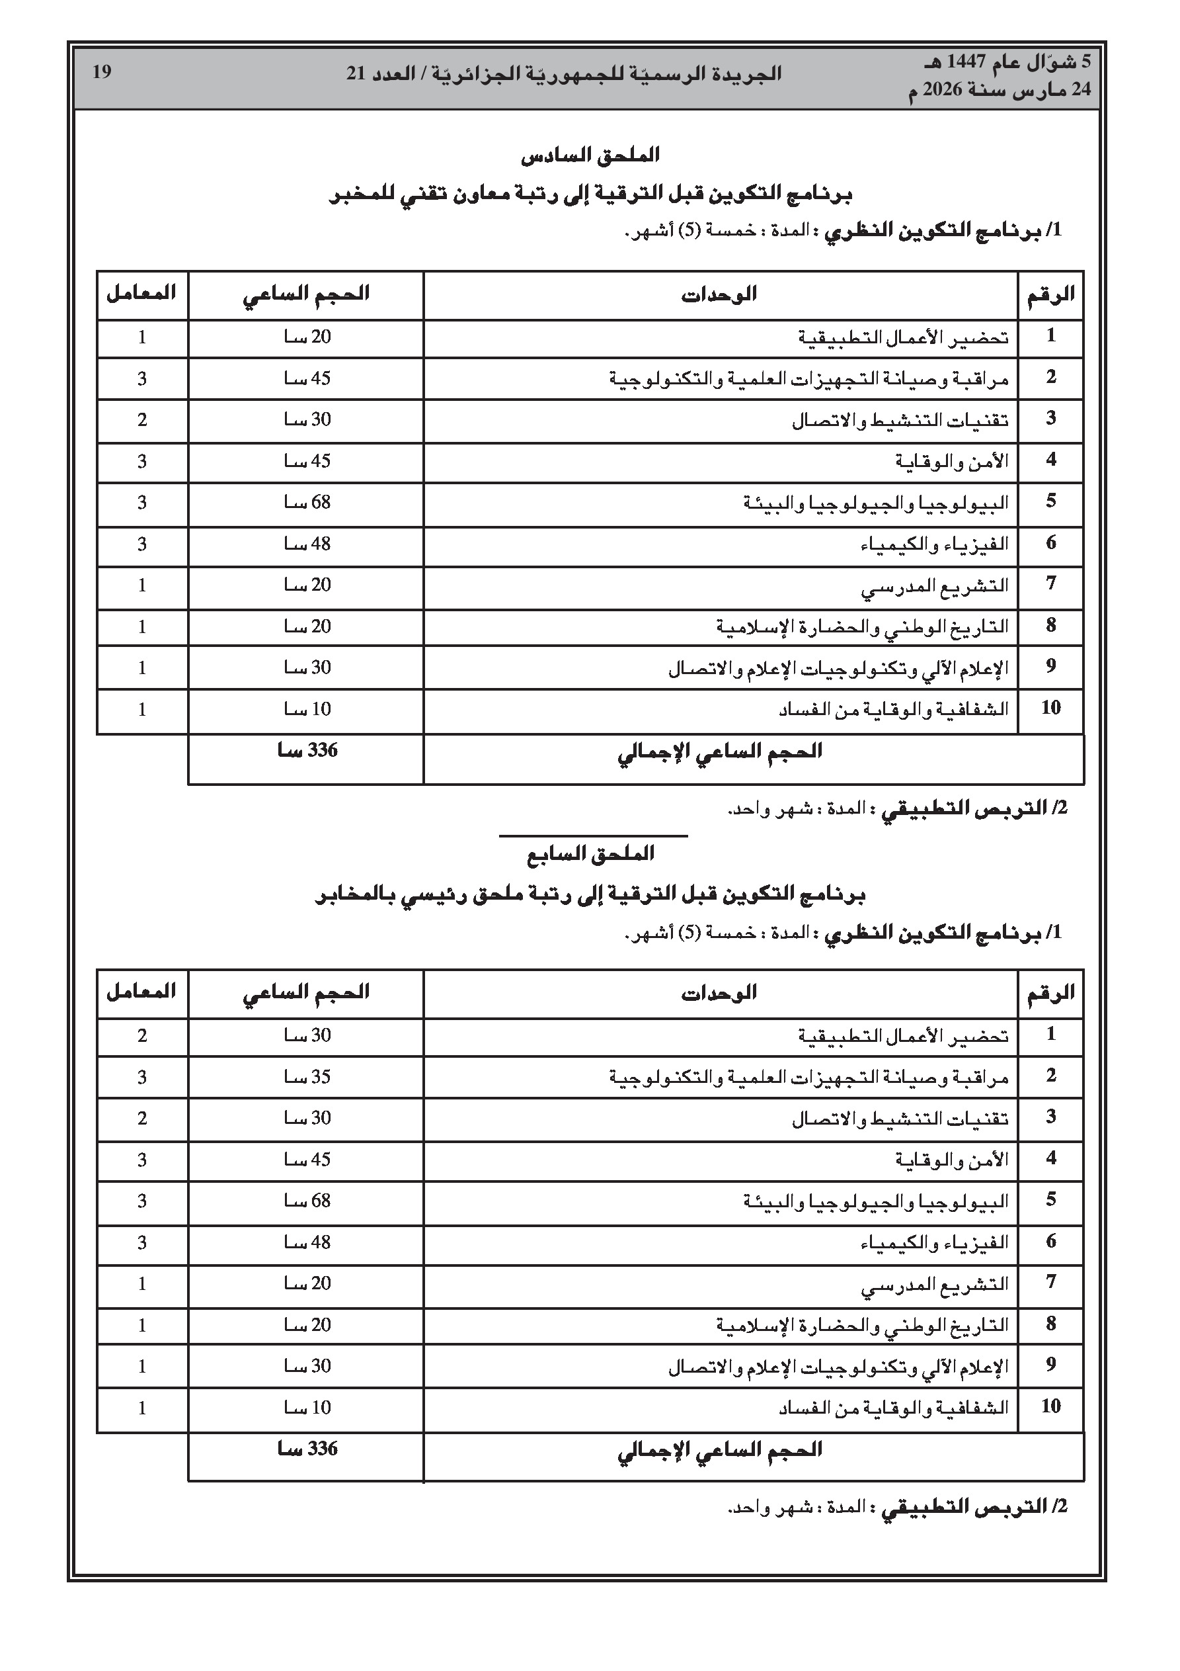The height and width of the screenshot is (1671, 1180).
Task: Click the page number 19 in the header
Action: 102,72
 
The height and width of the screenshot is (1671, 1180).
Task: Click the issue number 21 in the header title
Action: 356,74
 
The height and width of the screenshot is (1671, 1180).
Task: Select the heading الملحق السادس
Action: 590,155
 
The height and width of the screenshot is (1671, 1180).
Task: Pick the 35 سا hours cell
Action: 307,1077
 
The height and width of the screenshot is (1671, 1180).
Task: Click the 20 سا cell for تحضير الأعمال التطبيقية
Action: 307,337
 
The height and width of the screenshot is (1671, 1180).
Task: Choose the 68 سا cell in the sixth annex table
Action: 307,502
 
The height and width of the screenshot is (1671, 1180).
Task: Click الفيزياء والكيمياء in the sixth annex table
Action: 934,544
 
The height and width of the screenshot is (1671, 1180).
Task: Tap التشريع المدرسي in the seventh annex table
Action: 934,1285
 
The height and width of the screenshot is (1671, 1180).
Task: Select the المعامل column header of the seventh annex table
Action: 142,992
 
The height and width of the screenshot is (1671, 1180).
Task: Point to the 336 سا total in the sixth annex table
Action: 307,751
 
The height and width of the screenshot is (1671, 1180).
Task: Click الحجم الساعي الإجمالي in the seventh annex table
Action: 719,1450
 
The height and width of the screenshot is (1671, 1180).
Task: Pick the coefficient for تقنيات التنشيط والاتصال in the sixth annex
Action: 142,420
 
